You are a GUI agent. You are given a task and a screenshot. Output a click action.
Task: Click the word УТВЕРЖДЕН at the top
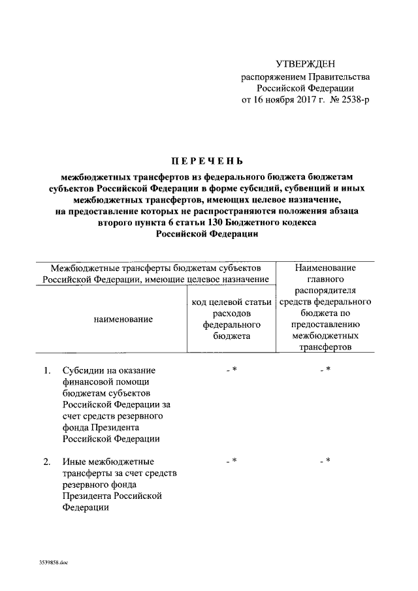point(305,63)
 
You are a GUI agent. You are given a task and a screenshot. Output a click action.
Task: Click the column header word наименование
point(123,319)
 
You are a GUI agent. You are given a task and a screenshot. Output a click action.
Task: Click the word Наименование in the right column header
point(325,268)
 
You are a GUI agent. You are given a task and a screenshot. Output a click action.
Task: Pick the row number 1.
point(47,371)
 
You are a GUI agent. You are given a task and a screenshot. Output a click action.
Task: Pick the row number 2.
point(47,462)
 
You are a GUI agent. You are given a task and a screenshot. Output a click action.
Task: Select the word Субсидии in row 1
point(82,371)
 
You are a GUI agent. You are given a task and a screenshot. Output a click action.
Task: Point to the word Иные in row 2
point(73,462)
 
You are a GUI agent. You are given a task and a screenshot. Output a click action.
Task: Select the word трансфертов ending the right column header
point(325,347)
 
